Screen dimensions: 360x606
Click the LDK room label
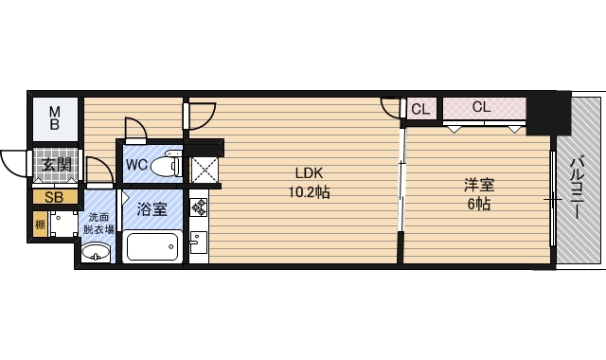(309, 173)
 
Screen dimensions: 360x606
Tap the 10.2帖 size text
(309, 191)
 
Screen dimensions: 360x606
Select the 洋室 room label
(478, 186)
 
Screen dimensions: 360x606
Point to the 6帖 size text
(478, 204)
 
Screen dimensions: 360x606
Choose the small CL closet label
(420, 109)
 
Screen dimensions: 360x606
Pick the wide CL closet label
(481, 107)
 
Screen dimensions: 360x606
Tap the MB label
(55, 117)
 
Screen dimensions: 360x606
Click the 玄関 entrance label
(55, 165)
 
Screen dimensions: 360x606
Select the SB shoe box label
(54, 198)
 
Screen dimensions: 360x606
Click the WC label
(136, 165)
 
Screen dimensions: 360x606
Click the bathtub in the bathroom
(152, 247)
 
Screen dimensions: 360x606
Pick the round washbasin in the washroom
(96, 253)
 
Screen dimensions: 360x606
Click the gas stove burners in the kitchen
(199, 205)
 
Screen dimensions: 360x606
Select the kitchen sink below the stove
(198, 243)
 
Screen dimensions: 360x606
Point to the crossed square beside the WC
(205, 170)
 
